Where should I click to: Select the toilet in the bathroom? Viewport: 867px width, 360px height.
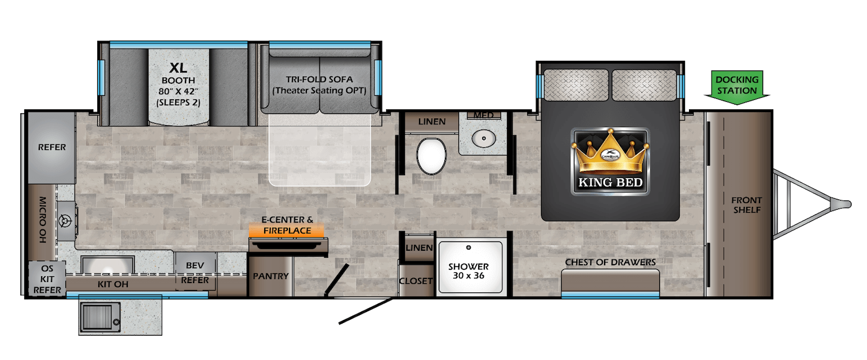[x=432, y=155]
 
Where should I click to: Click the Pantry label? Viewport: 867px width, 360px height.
[x=271, y=276]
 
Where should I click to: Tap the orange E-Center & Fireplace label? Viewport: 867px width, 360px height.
[x=287, y=225]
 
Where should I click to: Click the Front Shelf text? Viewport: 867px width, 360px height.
[x=746, y=205]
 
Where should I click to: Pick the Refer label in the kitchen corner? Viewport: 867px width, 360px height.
[x=52, y=147]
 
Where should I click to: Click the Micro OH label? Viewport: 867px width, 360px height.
[x=43, y=221]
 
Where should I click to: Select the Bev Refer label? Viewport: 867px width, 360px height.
[x=195, y=273]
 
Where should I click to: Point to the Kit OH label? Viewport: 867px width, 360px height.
[x=113, y=284]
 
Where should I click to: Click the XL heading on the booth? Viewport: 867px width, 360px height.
[x=178, y=66]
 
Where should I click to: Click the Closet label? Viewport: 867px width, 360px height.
[x=416, y=281]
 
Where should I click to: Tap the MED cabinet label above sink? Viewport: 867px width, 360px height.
[x=483, y=115]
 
